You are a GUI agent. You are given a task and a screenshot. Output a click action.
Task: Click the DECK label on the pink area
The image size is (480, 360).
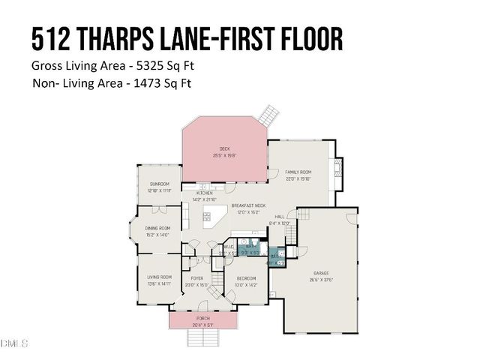tap(223, 148)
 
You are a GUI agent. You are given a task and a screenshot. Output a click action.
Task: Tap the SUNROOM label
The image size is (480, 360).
tap(159, 184)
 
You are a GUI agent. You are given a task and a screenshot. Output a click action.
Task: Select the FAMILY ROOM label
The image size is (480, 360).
tap(298, 172)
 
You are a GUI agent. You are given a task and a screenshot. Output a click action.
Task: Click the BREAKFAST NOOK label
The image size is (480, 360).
tap(248, 205)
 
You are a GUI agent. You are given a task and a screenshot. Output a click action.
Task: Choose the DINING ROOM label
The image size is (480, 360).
tap(157, 228)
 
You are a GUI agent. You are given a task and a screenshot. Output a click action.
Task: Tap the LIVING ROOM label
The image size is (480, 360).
tap(159, 277)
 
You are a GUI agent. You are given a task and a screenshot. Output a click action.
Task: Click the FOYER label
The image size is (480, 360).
tap(196, 278)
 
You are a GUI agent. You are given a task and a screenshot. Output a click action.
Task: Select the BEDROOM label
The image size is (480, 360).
tap(246, 278)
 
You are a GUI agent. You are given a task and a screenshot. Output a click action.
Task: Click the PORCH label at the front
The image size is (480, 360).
tap(203, 318)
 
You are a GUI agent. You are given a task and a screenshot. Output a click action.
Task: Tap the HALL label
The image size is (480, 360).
tap(278, 216)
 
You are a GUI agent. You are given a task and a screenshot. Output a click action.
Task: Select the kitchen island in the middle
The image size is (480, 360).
tap(215, 220)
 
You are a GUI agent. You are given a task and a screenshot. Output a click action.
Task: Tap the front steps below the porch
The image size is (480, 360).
tap(202, 339)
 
